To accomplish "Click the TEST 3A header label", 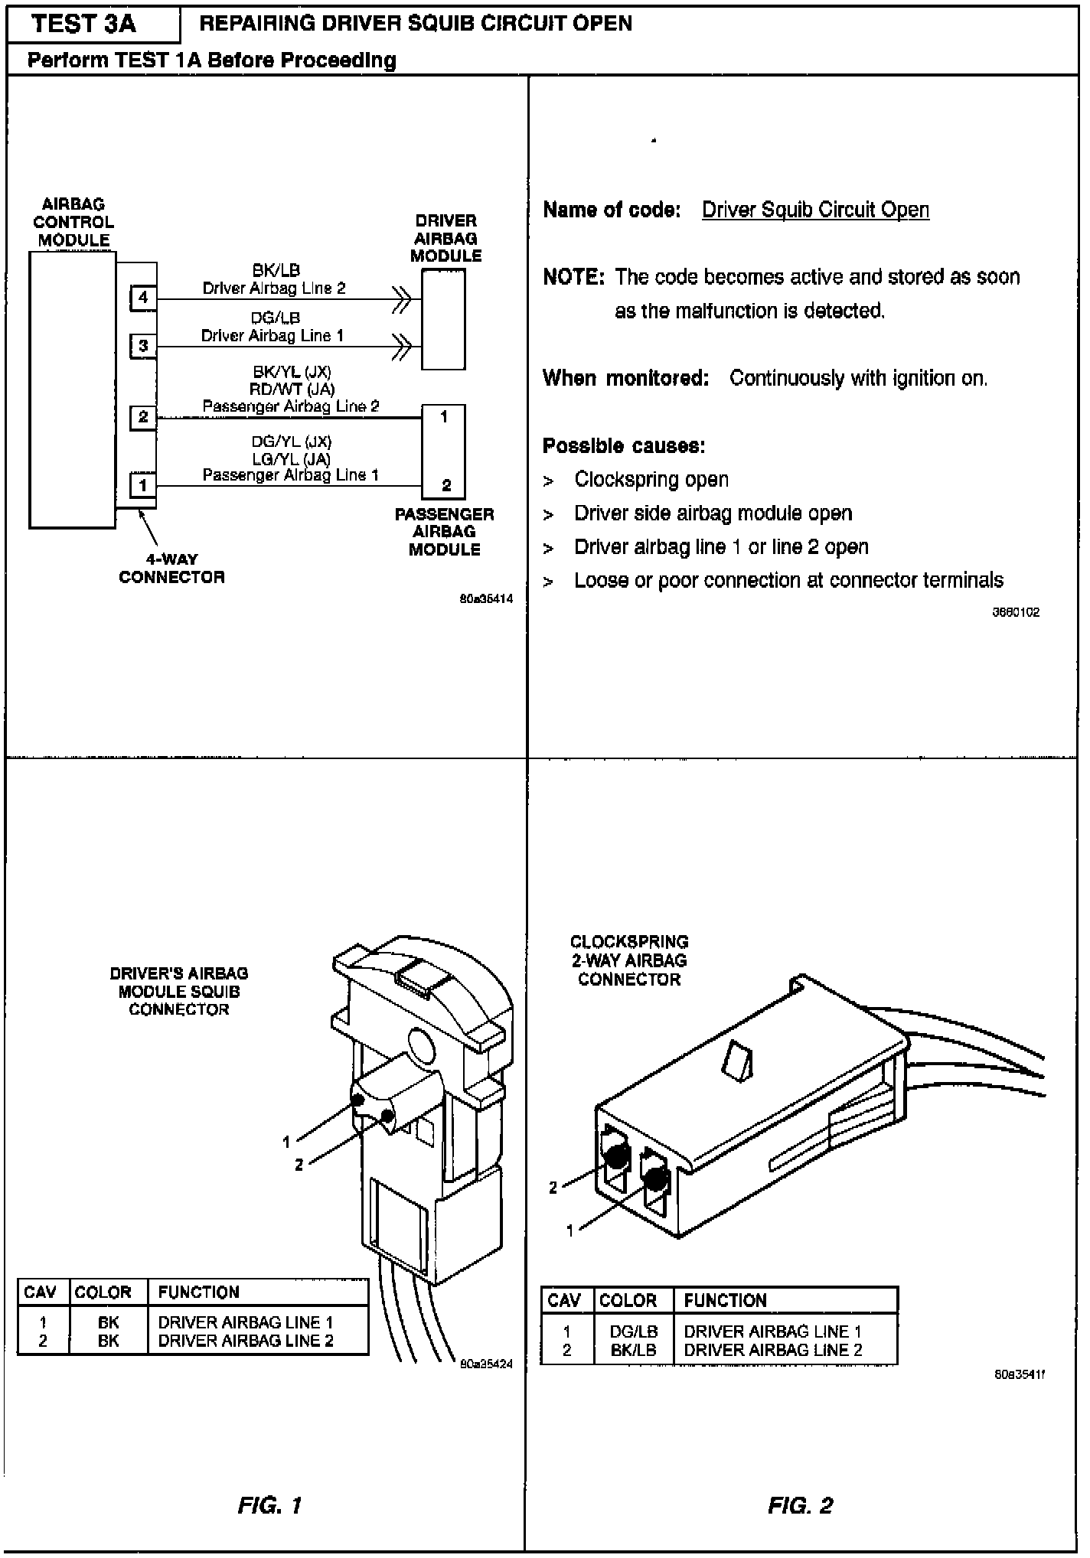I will pyautogui.click(x=84, y=24).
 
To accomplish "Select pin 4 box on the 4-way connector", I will pyautogui.click(x=143, y=297).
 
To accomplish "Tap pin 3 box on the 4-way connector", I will pyautogui.click(x=143, y=346).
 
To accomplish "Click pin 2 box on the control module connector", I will pyautogui.click(x=143, y=418).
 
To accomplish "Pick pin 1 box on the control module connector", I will pyautogui.click(x=143, y=484).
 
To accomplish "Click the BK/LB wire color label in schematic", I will pyautogui.click(x=276, y=270).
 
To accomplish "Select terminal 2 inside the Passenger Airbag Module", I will pyautogui.click(x=446, y=485).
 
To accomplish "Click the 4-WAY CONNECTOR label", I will pyautogui.click(x=171, y=569).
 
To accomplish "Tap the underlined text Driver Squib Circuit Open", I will pyautogui.click(x=815, y=210).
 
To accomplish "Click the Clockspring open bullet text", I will pyautogui.click(x=651, y=480).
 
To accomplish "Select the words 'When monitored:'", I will pyautogui.click(x=625, y=378).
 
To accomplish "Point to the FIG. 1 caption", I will pyautogui.click(x=269, y=1506).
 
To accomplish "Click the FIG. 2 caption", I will pyautogui.click(x=800, y=1506).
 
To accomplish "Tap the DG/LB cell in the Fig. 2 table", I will pyautogui.click(x=633, y=1331).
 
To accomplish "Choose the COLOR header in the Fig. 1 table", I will pyautogui.click(x=103, y=1292).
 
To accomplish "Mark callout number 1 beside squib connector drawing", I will pyautogui.click(x=286, y=1142).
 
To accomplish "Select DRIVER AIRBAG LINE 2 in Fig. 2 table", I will pyautogui.click(x=772, y=1351).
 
